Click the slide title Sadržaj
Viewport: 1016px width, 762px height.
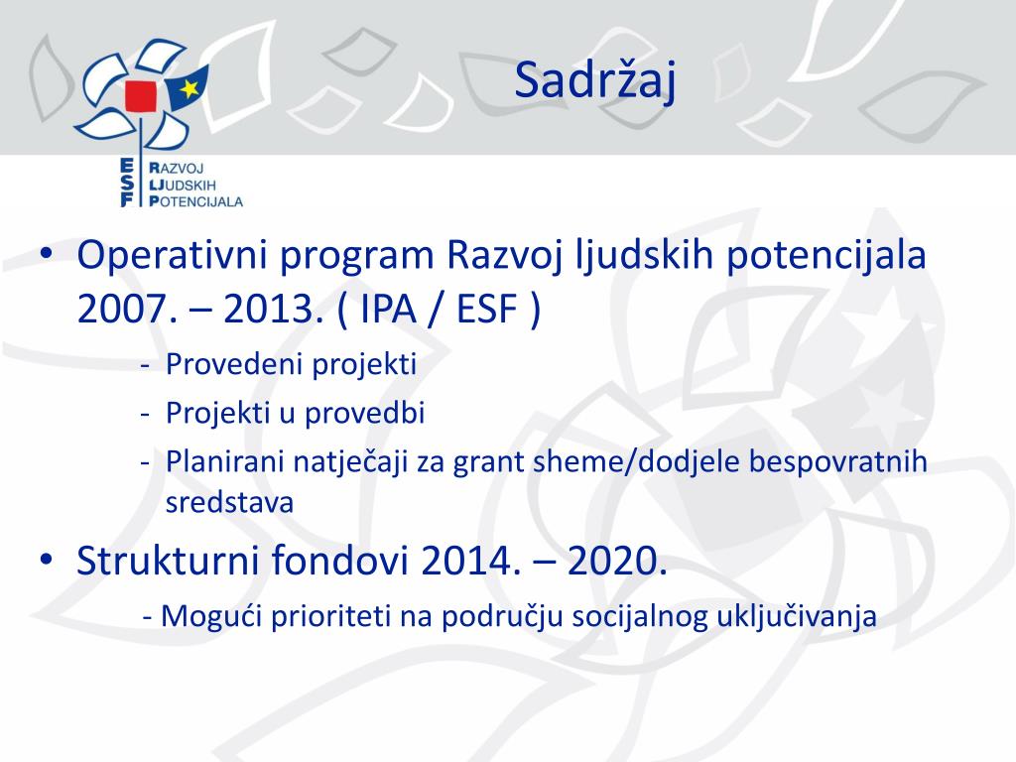pyautogui.click(x=595, y=81)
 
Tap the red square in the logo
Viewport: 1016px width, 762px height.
pyautogui.click(x=141, y=96)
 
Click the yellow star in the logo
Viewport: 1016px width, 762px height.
pyautogui.click(x=190, y=87)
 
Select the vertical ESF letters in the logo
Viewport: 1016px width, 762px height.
pyautogui.click(x=127, y=183)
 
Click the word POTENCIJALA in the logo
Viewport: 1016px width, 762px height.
pyautogui.click(x=195, y=201)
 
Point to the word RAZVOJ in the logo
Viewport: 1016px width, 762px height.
pyautogui.click(x=177, y=169)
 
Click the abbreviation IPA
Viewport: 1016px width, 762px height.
pyautogui.click(x=388, y=309)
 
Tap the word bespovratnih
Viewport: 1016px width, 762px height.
pyautogui.click(x=837, y=462)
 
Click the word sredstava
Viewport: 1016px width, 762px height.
pyautogui.click(x=229, y=502)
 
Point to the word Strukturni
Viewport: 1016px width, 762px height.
pyautogui.click(x=168, y=561)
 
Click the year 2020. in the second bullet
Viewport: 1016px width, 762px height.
pyautogui.click(x=617, y=561)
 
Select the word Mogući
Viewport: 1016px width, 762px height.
pyautogui.click(x=210, y=616)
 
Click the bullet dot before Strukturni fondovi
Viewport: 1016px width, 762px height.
pyautogui.click(x=46, y=559)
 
